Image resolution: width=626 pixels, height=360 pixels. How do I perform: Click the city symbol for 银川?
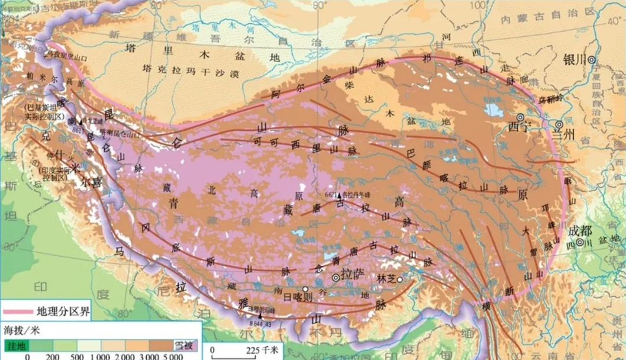point(591,59)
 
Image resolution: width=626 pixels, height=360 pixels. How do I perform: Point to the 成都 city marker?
point(581,242)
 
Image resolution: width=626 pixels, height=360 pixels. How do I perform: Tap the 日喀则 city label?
point(298,297)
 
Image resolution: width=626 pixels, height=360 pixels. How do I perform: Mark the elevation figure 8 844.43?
point(264,323)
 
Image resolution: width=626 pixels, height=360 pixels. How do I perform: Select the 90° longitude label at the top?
point(319,5)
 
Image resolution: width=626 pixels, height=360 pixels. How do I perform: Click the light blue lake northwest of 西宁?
point(491,110)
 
